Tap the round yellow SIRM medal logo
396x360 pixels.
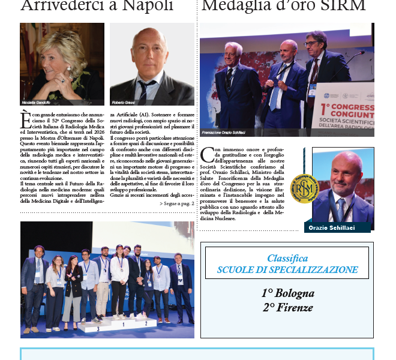pos(304,188)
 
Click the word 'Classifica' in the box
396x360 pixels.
pos(288,258)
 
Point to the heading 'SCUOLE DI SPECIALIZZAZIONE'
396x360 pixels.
pos(288,270)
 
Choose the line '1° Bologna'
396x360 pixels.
pos(287,294)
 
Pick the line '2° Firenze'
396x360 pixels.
pos(287,308)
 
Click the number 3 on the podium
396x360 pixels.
pos(97,329)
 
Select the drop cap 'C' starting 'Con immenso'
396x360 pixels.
pos(207,155)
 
